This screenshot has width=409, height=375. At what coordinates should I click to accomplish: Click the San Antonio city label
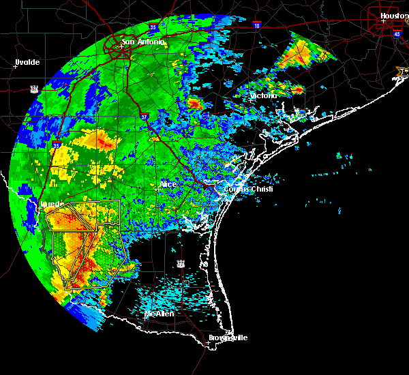(143, 42)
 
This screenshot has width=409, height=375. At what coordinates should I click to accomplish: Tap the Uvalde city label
(27, 62)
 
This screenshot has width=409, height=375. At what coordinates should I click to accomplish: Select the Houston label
(394, 16)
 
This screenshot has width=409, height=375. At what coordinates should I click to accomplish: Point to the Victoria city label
(263, 95)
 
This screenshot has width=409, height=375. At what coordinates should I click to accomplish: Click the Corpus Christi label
(248, 189)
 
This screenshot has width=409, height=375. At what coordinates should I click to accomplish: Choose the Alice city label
(168, 184)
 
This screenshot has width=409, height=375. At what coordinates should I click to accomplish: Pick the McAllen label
(160, 314)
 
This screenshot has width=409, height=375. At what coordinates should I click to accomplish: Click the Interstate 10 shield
(256, 25)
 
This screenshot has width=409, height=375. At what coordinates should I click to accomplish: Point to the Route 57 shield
(34, 89)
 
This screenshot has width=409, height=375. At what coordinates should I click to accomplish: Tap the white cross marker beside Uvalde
(15, 67)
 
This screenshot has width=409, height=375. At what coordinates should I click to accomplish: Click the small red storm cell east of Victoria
(298, 89)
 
